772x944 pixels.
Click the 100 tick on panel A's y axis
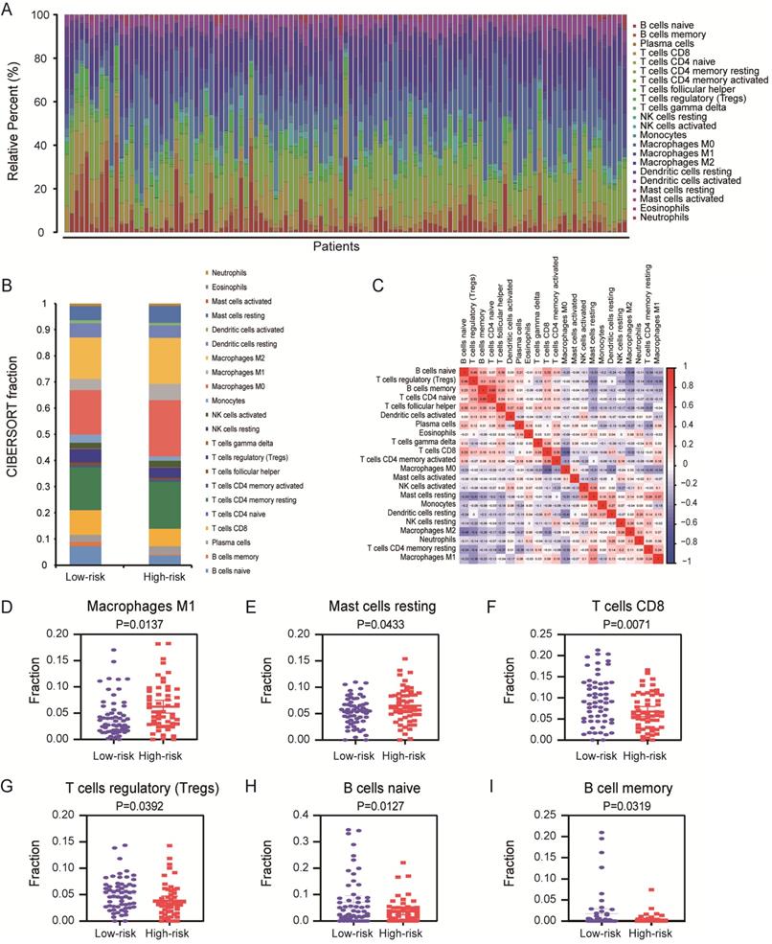point(44,16)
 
